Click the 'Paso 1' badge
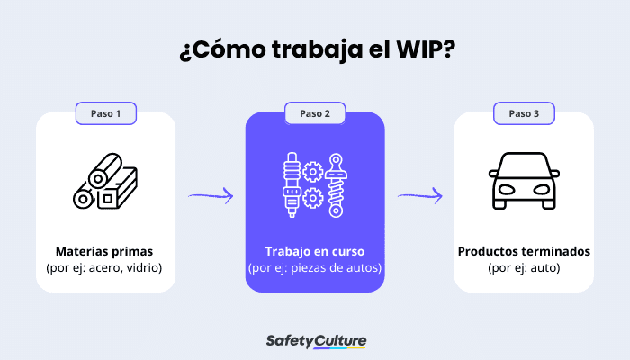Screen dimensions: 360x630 (x=105, y=113)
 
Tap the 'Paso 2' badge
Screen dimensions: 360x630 (x=315, y=113)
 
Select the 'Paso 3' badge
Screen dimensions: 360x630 (x=524, y=113)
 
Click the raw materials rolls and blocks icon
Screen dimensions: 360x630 (x=105, y=184)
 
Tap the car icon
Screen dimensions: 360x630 (x=524, y=184)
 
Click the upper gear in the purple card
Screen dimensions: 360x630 (x=314, y=169)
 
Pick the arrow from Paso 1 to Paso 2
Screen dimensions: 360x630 (x=211, y=194)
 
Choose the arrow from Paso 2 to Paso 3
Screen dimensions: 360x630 (x=419, y=194)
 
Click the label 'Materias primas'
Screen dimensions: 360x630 (x=104, y=251)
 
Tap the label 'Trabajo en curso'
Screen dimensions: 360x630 (x=315, y=251)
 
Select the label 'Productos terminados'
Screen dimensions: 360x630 (x=524, y=251)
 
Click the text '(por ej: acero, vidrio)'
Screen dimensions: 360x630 (x=104, y=267)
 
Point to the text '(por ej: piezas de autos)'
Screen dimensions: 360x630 (x=315, y=267)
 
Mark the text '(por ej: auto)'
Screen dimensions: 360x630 (x=524, y=267)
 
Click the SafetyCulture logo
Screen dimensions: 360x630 (x=316, y=340)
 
